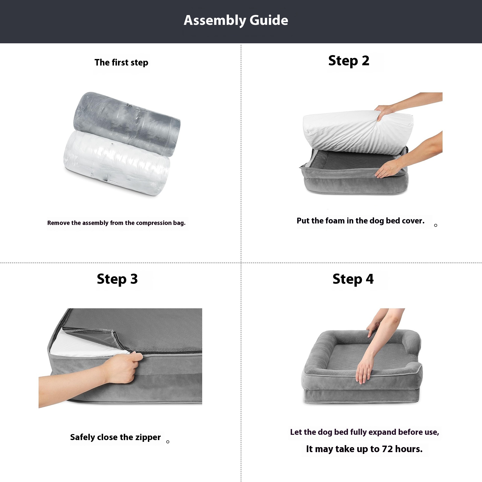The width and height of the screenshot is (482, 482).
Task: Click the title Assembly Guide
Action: (236, 20)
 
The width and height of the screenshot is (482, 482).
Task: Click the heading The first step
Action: (121, 63)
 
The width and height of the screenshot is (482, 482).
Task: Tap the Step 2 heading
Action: (349, 61)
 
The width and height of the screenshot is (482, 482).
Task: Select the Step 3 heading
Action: (117, 279)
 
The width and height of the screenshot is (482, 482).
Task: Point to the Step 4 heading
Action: (353, 279)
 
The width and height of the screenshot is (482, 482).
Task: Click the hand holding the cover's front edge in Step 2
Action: (388, 169)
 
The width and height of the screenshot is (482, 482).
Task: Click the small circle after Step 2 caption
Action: (436, 225)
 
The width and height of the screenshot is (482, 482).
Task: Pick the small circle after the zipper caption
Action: (168, 442)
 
